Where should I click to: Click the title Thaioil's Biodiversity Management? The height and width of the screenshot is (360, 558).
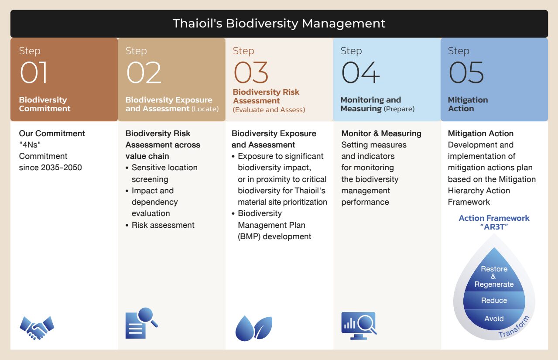tap(279, 24)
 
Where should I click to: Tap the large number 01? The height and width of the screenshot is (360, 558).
tap(34, 72)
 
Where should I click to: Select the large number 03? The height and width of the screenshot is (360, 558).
tap(251, 72)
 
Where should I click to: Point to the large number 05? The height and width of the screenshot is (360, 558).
tap(466, 72)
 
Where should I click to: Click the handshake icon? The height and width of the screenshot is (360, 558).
tap(37, 328)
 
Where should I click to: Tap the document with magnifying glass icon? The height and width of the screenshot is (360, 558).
tap(141, 323)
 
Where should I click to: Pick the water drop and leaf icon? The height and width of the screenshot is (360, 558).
tap(254, 328)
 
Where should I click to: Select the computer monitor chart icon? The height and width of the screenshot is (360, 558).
tap(359, 326)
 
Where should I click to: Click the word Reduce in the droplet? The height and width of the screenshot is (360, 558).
tap(494, 301)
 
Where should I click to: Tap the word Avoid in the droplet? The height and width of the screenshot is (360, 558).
tap(494, 319)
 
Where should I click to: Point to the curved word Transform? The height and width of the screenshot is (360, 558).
tap(514, 326)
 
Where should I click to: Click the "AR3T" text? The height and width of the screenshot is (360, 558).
tap(494, 227)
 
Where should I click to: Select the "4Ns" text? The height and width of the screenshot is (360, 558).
tap(30, 145)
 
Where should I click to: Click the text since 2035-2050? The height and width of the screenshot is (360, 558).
tap(50, 168)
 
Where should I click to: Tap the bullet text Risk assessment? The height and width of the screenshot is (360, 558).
tap(163, 225)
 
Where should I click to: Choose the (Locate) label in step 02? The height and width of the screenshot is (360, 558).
tap(205, 109)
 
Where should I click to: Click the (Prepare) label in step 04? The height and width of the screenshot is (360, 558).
tap(399, 109)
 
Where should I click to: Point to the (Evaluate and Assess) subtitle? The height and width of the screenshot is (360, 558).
tap(269, 110)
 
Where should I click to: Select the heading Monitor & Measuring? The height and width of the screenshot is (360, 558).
tap(381, 134)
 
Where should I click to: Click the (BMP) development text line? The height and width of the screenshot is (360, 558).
tap(274, 237)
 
